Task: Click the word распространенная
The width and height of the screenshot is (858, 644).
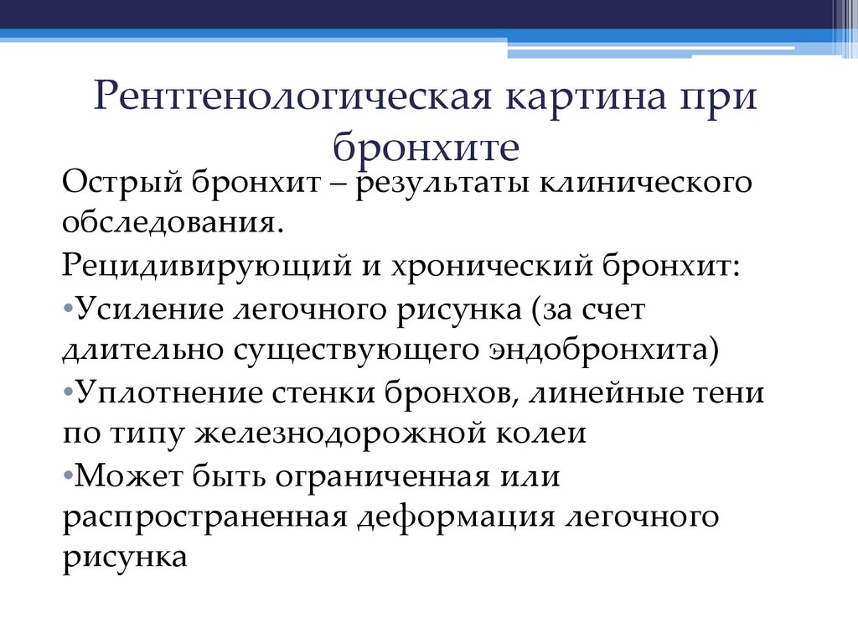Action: [204, 517]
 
